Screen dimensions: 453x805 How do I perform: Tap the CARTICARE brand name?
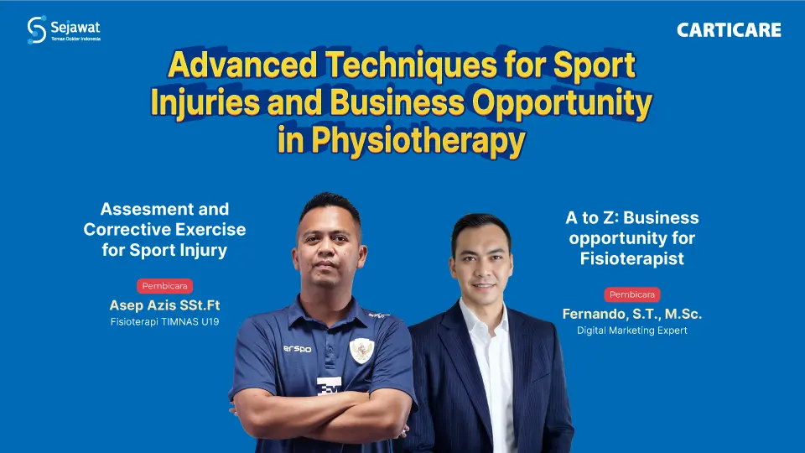click(x=729, y=31)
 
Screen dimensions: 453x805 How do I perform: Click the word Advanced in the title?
click(x=232, y=65)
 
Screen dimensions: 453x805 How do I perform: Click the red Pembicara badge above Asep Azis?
click(x=164, y=286)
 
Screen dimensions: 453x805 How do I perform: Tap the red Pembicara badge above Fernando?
click(x=631, y=294)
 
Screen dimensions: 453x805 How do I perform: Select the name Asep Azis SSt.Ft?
click(x=164, y=305)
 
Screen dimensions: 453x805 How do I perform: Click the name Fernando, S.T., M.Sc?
click(x=631, y=314)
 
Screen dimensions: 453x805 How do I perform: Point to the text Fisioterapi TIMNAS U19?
click(x=164, y=323)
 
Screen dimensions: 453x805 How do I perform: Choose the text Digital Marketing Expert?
click(x=631, y=331)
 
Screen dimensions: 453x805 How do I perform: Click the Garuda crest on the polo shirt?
click(x=361, y=349)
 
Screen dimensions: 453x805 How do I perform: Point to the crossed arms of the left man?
click(x=323, y=428)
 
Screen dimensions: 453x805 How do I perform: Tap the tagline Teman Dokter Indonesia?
click(x=75, y=39)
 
